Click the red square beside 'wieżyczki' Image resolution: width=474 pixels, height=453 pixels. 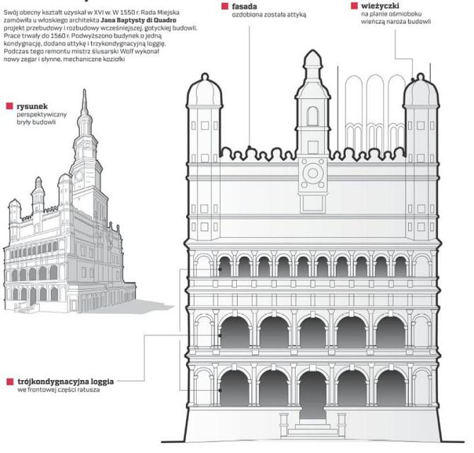click(354, 6)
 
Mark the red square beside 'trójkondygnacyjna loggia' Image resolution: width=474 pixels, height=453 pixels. click(9, 381)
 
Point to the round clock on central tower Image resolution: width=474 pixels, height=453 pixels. click(311, 171)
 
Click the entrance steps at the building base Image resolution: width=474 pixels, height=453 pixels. click(311, 430)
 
